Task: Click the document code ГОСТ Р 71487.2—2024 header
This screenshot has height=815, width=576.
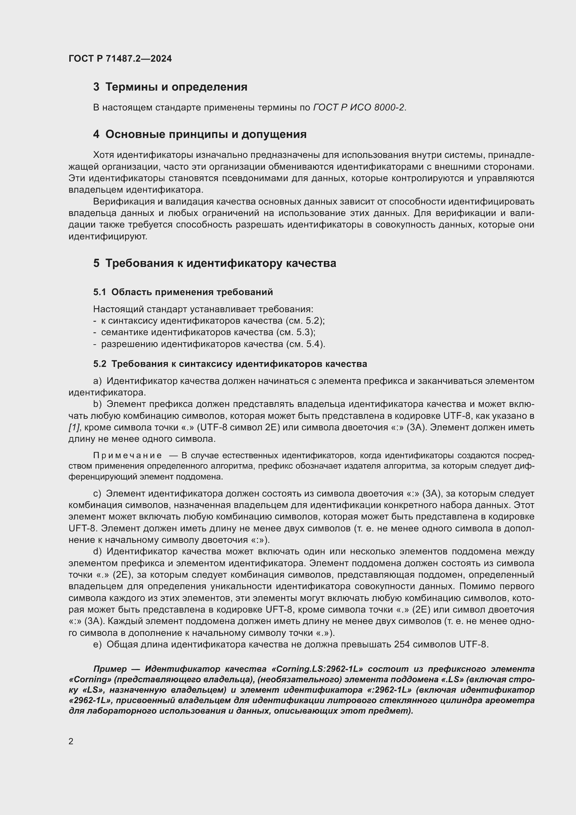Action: pyautogui.click(x=120, y=59)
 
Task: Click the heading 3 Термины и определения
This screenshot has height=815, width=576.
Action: pyautogui.click(x=170, y=87)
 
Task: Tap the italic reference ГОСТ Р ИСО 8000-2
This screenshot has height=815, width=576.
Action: pyautogui.click(x=359, y=107)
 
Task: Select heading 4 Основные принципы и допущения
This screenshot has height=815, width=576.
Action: pyautogui.click(x=200, y=134)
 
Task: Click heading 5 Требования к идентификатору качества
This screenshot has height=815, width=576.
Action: pyautogui.click(x=215, y=263)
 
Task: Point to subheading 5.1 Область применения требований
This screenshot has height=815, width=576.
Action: pyautogui.click(x=183, y=292)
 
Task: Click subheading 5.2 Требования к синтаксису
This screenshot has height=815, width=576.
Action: pyautogui.click(x=230, y=364)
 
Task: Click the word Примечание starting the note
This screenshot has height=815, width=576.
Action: pyautogui.click(x=127, y=455)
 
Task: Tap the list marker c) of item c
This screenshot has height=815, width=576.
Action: pyautogui.click(x=97, y=493)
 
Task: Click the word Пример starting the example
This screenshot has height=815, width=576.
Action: pyautogui.click(x=110, y=669)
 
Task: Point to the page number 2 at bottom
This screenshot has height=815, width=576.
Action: pyautogui.click(x=71, y=741)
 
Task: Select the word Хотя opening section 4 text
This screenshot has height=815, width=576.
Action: pyautogui.click(x=103, y=155)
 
